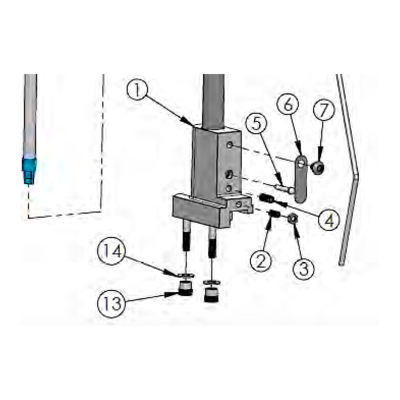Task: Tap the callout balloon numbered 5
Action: coord(256,123)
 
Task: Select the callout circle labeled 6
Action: coord(288,104)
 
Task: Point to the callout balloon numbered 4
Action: coord(329,219)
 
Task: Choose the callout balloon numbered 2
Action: coord(260,260)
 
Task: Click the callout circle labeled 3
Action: coord(303,268)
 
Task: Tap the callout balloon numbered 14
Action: coord(111,251)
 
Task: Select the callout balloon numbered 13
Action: coord(111,304)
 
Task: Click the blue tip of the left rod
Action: coord(29,170)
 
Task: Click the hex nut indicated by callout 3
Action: coord(292,218)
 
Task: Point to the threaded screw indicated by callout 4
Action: coord(266,198)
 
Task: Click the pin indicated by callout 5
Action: coord(284,189)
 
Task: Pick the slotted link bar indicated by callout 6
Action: coord(301,179)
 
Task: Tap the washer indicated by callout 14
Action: coord(185,275)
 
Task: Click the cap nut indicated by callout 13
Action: coord(185,288)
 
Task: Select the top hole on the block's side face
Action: coord(229,145)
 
